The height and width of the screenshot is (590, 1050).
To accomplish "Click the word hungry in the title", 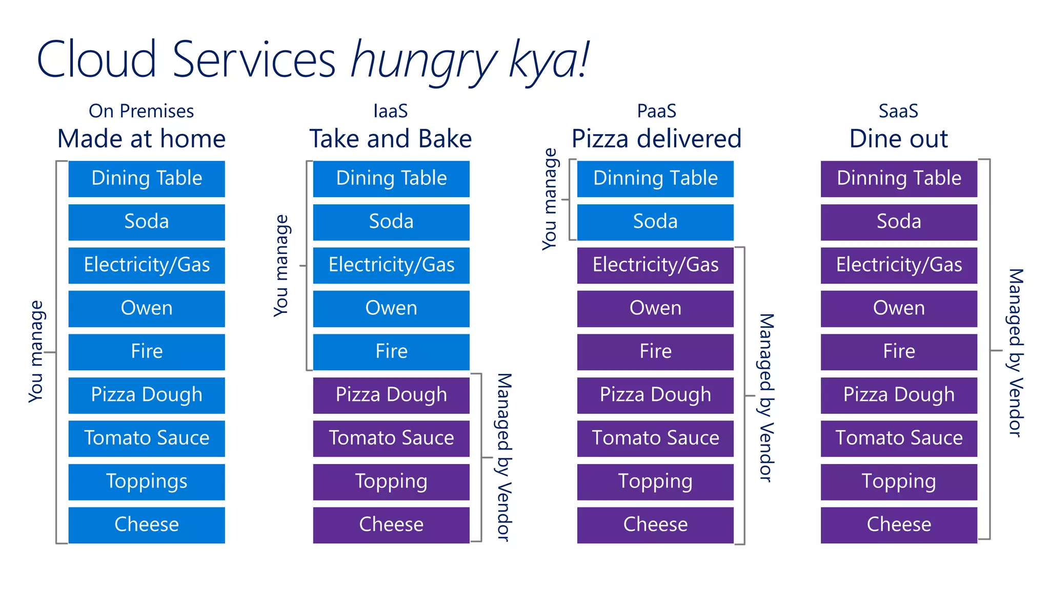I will (423, 60).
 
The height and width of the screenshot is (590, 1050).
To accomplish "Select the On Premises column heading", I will (141, 111).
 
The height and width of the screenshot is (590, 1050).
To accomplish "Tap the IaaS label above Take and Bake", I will (391, 111).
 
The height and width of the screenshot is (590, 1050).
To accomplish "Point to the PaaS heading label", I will (656, 111).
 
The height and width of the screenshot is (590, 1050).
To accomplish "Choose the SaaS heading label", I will (898, 111).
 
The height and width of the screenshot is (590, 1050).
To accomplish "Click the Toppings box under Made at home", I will (147, 481).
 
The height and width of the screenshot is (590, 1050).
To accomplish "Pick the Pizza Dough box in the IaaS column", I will (391, 395).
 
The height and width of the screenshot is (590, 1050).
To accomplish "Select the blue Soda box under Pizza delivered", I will (655, 222).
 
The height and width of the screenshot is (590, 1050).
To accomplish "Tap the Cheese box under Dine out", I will (899, 525).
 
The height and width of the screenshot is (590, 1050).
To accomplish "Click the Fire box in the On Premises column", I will (147, 352).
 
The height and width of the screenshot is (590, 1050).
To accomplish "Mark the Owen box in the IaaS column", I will (391, 308).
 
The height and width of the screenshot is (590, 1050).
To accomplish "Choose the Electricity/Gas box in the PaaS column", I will (655, 265).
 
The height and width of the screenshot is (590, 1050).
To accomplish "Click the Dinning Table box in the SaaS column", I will (899, 179).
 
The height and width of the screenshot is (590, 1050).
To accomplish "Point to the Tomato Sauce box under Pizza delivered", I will (655, 438).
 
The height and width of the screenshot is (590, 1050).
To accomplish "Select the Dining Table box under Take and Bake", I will (391, 179).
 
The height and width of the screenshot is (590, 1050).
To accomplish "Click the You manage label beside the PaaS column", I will (550, 199).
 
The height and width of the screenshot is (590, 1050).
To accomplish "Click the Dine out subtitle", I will (898, 139).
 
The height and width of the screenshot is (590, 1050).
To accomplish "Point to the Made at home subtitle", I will (141, 139).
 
